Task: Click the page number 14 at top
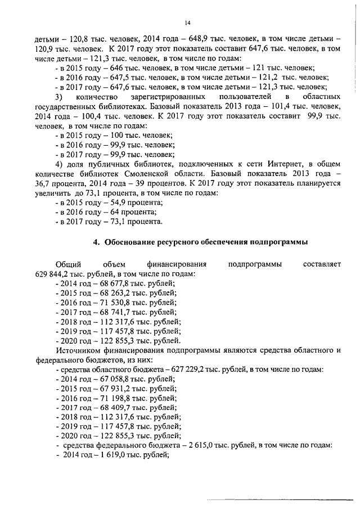click(x=188, y=22)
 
